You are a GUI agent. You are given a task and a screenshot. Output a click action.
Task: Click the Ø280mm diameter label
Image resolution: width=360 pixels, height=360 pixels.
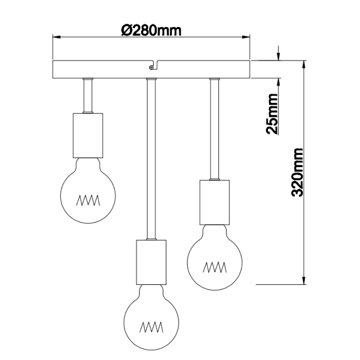151,31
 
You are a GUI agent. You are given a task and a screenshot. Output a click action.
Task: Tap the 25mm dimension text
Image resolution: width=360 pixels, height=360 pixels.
271,114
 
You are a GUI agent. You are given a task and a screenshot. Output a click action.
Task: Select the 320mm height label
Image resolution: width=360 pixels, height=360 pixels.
297,172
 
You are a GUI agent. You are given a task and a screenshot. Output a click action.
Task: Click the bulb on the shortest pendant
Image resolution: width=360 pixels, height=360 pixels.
89,189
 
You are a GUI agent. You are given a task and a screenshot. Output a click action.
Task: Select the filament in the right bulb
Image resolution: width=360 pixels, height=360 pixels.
215,268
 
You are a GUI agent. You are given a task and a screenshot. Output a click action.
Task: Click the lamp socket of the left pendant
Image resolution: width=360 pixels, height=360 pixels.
88,135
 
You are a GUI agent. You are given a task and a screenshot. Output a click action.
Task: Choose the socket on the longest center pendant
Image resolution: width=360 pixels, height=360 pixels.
151,262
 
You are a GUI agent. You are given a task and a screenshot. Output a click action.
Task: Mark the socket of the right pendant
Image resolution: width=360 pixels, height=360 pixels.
214,202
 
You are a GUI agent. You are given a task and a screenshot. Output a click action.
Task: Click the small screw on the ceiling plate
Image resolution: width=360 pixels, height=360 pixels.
151,67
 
